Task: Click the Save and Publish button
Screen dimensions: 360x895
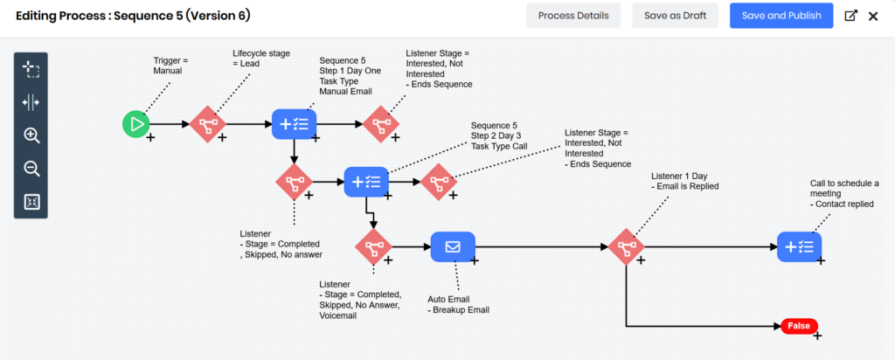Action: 781,16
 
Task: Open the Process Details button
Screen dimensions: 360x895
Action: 573,16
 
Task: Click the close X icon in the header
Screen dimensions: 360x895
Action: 872,16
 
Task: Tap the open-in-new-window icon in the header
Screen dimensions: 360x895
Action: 850,16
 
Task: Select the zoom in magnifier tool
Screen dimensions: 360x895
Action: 31,135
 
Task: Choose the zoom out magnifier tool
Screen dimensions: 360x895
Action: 31,169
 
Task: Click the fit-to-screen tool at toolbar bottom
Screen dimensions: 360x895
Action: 31,202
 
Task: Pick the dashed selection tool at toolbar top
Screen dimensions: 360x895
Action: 31,69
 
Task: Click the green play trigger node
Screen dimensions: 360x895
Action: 135,124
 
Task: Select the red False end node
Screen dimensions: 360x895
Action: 799,326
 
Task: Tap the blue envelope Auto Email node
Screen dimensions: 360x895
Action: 453,247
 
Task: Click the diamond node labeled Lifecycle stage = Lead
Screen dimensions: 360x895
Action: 208,124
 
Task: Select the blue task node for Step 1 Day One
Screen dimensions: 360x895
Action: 294,124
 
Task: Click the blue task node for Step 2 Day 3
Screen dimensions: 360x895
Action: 365,182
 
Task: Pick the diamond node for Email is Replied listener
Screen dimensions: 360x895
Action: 626,247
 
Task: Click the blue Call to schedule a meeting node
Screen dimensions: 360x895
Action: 799,247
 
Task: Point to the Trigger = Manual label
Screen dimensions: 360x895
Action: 170,65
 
